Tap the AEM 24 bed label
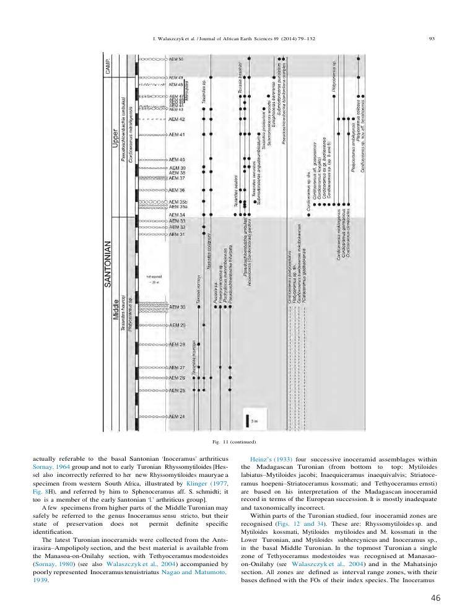click(x=177, y=417)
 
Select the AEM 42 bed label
click(x=177, y=118)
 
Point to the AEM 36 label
click(x=177, y=190)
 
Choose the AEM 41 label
click(x=177, y=134)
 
